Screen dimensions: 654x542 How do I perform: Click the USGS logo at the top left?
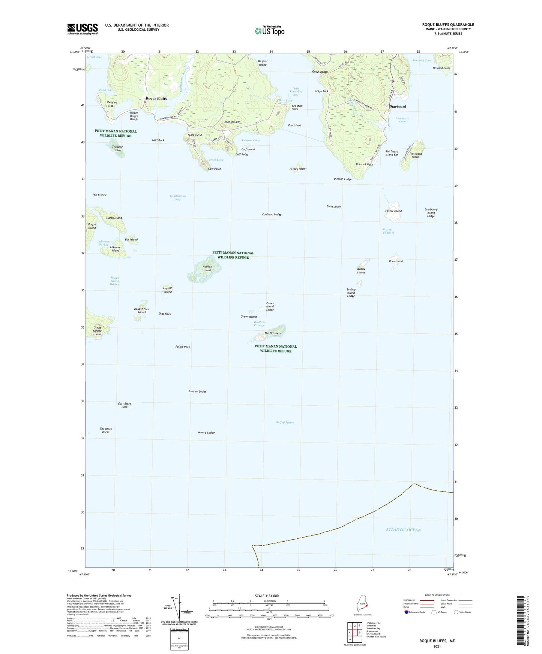[82, 29]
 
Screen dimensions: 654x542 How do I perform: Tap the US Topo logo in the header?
[269, 31]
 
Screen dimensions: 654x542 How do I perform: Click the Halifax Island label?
[207, 268]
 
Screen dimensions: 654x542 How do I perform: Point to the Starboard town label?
[398, 106]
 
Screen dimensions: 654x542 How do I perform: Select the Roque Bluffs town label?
[156, 99]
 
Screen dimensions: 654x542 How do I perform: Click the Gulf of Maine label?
[285, 422]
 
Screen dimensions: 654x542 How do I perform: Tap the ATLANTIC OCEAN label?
[403, 530]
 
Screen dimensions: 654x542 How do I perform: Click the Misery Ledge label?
[206, 433]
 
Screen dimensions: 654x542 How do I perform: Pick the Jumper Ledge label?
[197, 391]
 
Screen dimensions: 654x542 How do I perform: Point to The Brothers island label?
[272, 333]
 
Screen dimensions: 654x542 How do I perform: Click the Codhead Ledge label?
[272, 215]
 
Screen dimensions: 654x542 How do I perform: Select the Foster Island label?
[393, 211]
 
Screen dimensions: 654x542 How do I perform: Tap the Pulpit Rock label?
[183, 347]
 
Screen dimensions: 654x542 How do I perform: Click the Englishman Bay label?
[178, 197]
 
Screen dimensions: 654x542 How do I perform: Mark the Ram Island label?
[396, 261]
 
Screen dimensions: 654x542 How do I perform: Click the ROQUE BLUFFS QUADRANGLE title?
[448, 25]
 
